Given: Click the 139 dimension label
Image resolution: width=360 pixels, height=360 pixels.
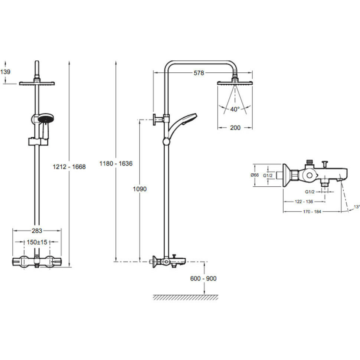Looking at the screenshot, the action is pyautogui.click(x=6, y=72).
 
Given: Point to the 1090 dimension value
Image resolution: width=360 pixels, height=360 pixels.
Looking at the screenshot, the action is pyautogui.click(x=140, y=189).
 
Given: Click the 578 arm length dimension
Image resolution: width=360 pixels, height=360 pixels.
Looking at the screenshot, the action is pyautogui.click(x=199, y=73).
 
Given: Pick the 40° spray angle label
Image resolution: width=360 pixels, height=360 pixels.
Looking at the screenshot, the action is pyautogui.click(x=235, y=109).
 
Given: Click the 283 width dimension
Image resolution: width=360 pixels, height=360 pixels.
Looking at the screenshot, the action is pyautogui.click(x=37, y=230).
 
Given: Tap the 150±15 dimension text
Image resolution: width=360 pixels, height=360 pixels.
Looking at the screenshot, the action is pyautogui.click(x=37, y=242).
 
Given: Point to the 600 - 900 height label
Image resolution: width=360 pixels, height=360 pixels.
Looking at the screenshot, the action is pyautogui.click(x=203, y=279).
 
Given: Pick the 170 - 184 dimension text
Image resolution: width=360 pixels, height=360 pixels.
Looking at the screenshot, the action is pyautogui.click(x=312, y=212).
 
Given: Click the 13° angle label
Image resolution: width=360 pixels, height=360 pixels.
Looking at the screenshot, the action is pyautogui.click(x=357, y=206).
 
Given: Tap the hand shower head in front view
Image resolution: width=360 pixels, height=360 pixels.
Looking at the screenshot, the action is pyautogui.click(x=46, y=120).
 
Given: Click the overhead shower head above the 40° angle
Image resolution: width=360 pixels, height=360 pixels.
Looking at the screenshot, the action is pyautogui.click(x=235, y=83).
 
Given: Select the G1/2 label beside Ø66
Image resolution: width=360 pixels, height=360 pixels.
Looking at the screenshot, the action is pyautogui.click(x=268, y=175).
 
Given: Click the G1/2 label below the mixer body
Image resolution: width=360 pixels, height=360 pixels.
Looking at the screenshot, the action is pyautogui.click(x=310, y=192).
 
